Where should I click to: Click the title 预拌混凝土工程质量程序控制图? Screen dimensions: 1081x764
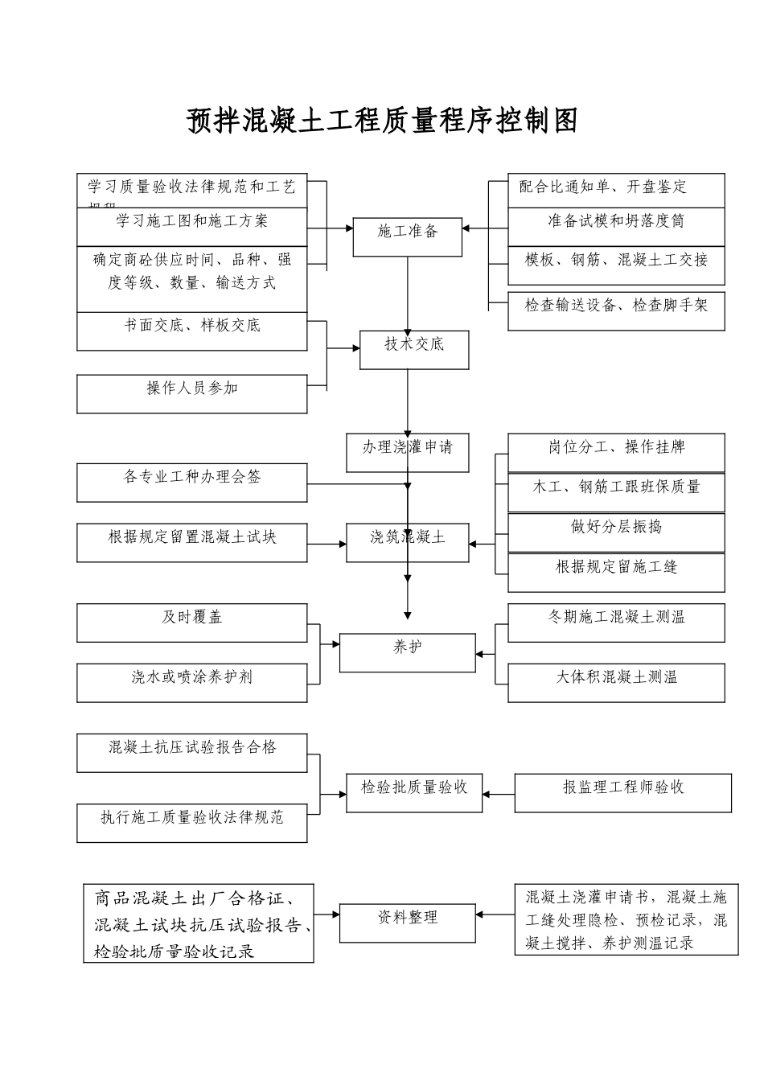point(382,121)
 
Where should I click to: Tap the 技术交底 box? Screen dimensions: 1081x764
point(414,349)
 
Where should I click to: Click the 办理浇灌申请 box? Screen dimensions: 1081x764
point(407,453)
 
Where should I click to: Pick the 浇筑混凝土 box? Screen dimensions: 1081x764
point(408,542)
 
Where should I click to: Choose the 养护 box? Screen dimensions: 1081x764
point(408,652)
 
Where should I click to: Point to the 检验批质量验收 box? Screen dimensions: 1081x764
point(414,792)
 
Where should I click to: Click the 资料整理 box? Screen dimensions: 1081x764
point(408,923)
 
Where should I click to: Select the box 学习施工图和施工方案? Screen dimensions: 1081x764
point(192,227)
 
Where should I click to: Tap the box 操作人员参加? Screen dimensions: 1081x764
point(192,393)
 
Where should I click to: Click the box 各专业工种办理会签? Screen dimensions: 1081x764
point(192,482)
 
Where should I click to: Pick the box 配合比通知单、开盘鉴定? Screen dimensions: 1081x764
point(616,191)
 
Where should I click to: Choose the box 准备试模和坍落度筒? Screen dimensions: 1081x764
point(616,227)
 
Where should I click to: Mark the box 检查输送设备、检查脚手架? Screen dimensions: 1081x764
point(616,310)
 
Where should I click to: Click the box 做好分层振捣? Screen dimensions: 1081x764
point(616,532)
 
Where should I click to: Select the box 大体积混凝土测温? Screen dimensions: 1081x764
point(616,682)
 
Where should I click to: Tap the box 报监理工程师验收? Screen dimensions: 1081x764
point(623,792)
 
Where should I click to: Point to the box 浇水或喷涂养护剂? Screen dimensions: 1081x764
point(192,682)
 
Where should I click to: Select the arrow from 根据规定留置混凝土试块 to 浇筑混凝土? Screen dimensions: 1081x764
point(327,545)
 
